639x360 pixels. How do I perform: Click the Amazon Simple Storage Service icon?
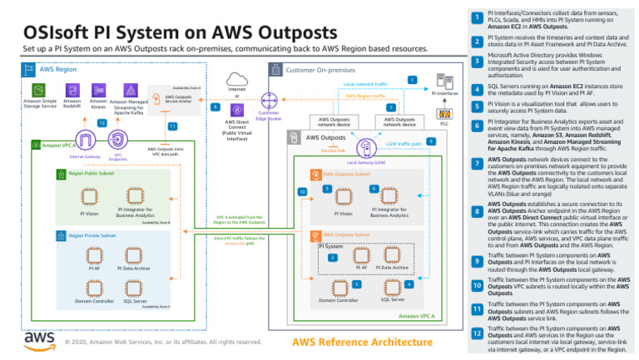point(39,89)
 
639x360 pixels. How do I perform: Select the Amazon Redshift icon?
point(71,89)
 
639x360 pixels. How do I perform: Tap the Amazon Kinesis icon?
point(97,89)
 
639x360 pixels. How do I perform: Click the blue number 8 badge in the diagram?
point(215,107)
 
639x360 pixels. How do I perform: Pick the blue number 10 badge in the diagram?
point(301,192)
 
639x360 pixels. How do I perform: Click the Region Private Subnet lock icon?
point(61,236)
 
